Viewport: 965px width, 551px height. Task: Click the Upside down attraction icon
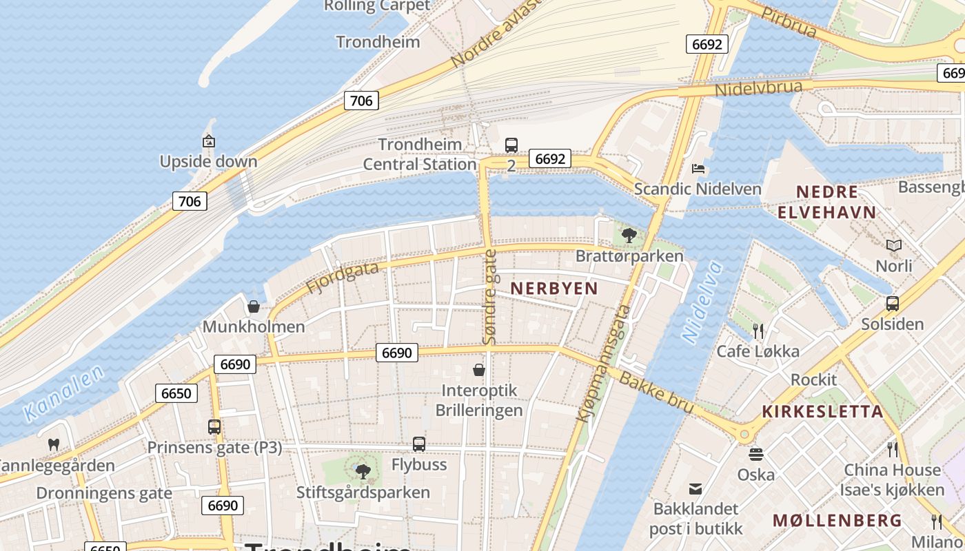pyautogui.click(x=209, y=141)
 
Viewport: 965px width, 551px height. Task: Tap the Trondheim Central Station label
pyautogui.click(x=420, y=154)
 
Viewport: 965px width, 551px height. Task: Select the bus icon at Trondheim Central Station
pyautogui.click(x=511, y=145)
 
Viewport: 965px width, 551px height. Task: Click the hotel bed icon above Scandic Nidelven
pyautogui.click(x=698, y=169)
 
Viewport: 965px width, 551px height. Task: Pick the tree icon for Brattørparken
pyautogui.click(x=629, y=236)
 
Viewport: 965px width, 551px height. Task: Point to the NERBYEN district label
pyautogui.click(x=553, y=288)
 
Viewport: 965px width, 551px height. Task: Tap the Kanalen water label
pyautogui.click(x=63, y=393)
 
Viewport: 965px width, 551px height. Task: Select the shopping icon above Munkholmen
pyautogui.click(x=254, y=306)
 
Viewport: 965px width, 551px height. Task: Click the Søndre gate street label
pyautogui.click(x=489, y=297)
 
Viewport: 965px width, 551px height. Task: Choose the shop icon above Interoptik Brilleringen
pyautogui.click(x=479, y=371)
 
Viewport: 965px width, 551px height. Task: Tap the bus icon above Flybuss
pyautogui.click(x=419, y=444)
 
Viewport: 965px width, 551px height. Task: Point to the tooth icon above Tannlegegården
pyautogui.click(x=54, y=445)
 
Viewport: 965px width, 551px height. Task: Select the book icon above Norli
pyautogui.click(x=894, y=245)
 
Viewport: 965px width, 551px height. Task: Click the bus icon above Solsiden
pyautogui.click(x=893, y=303)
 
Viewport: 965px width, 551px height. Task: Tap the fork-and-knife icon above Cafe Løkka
pyautogui.click(x=758, y=331)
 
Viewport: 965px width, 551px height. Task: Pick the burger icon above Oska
pyautogui.click(x=756, y=455)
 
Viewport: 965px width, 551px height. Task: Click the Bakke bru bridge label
pyautogui.click(x=656, y=394)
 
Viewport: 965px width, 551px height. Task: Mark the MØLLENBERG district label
pyautogui.click(x=837, y=520)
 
